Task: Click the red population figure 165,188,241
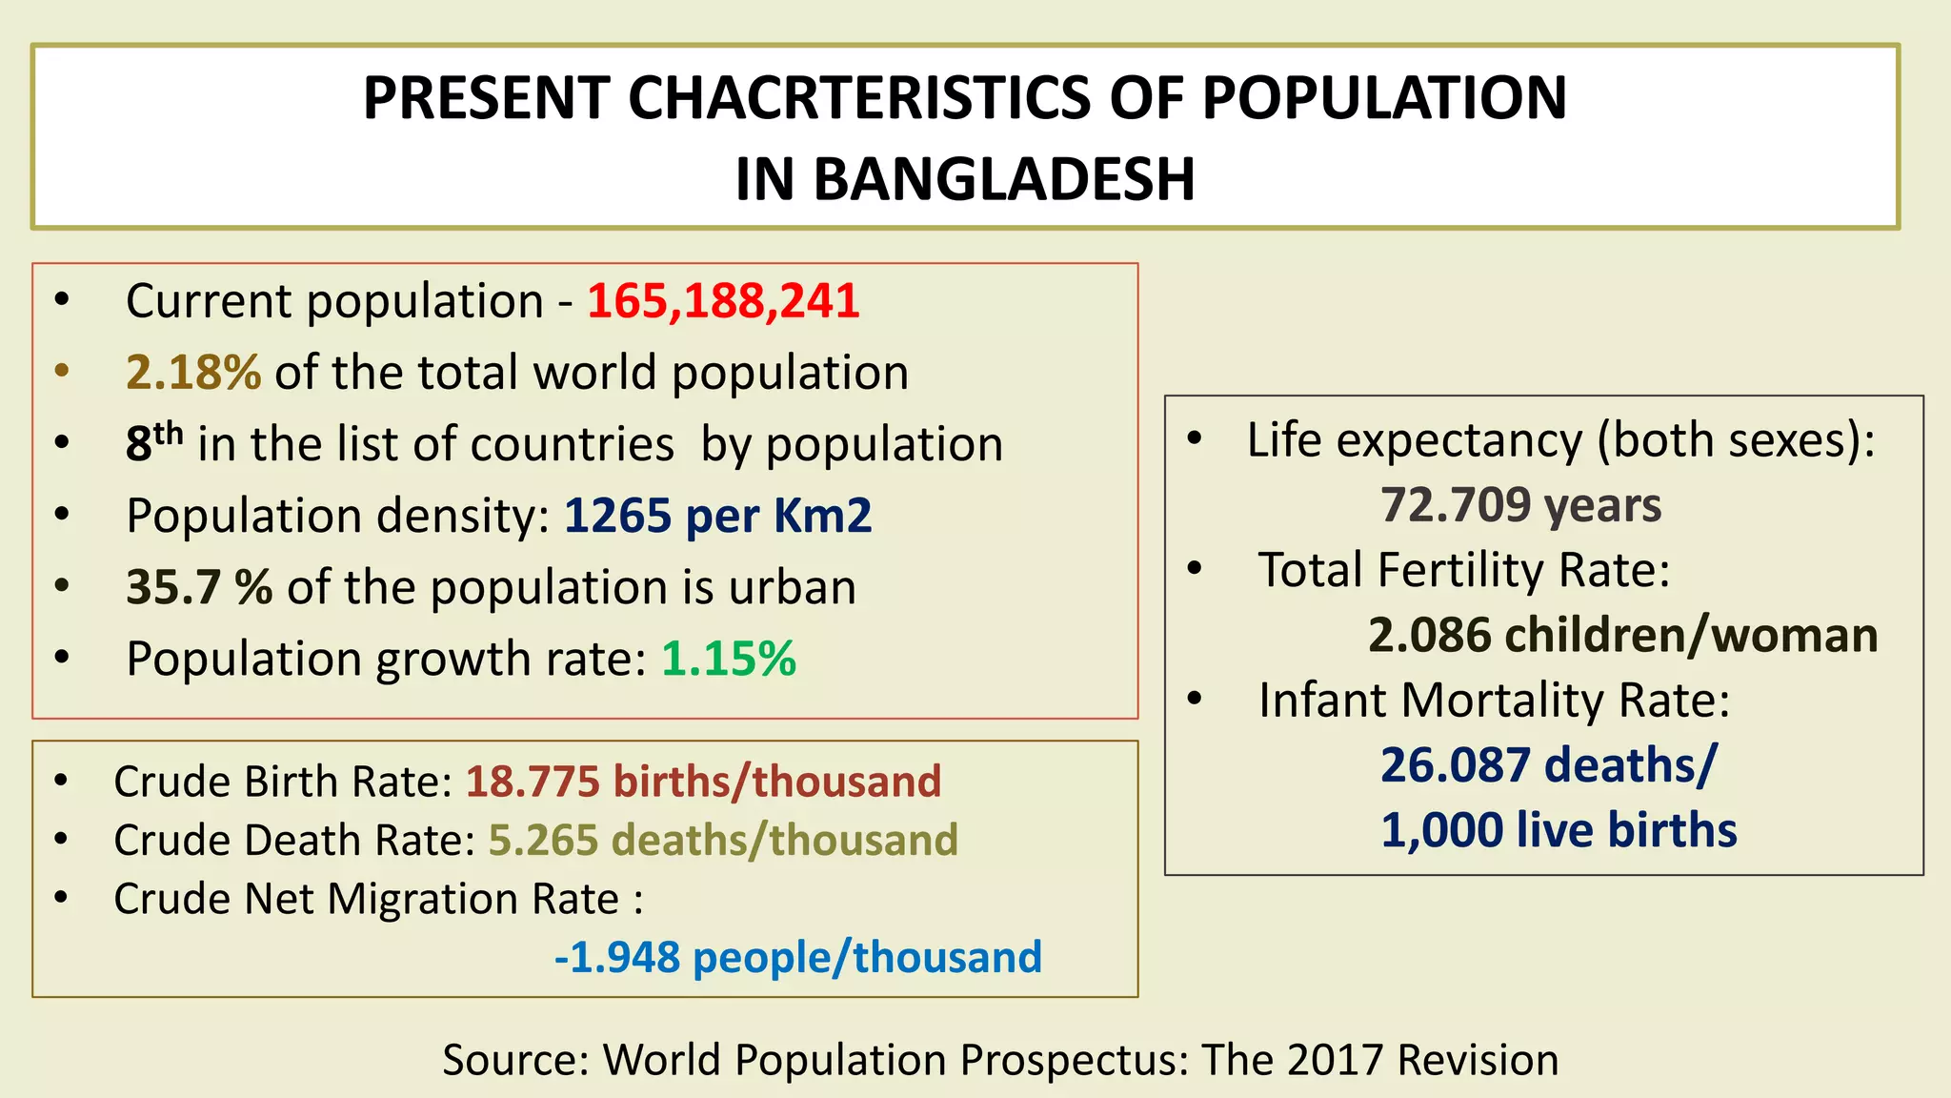point(723,301)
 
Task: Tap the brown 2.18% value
point(193,373)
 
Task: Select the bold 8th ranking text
point(153,442)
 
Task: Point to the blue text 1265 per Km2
point(717,516)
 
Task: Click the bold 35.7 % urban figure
point(199,587)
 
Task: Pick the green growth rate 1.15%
point(729,659)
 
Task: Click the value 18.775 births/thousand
point(703,782)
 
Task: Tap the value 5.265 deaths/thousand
point(723,841)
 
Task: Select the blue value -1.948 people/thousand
point(798,957)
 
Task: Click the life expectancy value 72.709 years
point(1520,505)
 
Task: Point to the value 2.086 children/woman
point(1622,635)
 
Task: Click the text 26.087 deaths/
point(1548,765)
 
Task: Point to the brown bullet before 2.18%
point(62,371)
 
